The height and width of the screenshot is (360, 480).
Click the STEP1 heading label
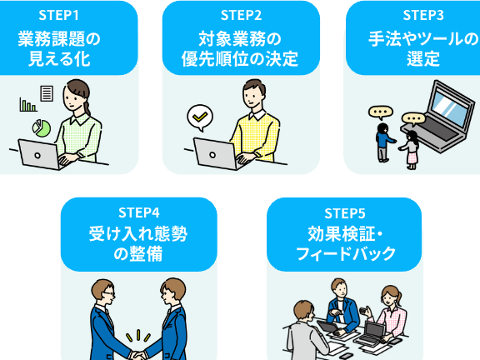point(59,15)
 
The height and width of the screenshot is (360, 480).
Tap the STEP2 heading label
point(241,15)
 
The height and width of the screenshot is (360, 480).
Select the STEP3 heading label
point(423,15)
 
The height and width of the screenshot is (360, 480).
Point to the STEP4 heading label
point(139,212)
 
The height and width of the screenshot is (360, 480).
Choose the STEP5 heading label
point(345,213)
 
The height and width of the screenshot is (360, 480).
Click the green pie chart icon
point(42,128)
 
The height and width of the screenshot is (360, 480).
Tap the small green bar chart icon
point(28,105)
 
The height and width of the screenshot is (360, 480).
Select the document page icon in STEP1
point(47,93)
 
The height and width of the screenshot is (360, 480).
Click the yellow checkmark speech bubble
point(200,117)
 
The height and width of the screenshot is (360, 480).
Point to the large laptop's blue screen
point(451,107)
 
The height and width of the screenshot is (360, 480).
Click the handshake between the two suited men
point(138,355)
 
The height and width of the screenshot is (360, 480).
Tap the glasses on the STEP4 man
point(108,293)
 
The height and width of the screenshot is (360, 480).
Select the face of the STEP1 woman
point(72,98)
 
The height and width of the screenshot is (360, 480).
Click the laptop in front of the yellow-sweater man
point(217,154)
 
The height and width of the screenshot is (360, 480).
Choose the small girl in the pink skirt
point(410,150)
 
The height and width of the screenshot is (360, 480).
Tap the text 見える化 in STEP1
point(59,59)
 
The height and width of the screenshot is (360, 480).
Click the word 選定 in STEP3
point(423,59)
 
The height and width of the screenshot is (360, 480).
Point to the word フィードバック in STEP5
point(346,254)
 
